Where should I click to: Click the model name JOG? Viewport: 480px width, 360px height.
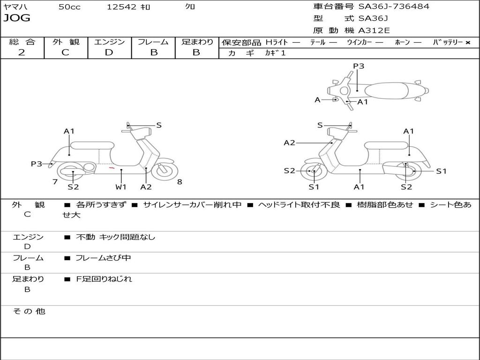[x=17, y=18]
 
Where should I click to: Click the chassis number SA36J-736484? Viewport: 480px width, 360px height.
[x=394, y=6]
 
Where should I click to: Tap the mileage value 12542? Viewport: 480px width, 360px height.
[x=121, y=7]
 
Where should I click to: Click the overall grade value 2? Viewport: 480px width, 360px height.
[x=22, y=52]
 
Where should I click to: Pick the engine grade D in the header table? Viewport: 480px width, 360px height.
[x=109, y=52]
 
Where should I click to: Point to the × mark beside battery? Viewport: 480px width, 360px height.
[x=468, y=43]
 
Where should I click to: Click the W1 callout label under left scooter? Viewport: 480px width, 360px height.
[x=121, y=187]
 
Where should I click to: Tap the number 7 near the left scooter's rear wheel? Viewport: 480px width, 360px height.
[x=55, y=182]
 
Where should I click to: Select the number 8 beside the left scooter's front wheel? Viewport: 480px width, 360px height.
[x=180, y=182]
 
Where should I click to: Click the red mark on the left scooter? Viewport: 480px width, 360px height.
[x=112, y=168]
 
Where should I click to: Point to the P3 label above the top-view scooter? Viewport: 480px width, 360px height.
[x=359, y=66]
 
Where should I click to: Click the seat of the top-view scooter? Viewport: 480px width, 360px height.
[x=386, y=91]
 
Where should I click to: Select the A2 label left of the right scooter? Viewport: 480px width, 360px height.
[x=289, y=142]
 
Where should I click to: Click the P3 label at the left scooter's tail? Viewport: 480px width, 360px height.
[x=37, y=164]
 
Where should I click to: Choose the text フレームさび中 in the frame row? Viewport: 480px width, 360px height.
[x=103, y=258]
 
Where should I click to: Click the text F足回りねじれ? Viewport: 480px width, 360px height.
[x=104, y=279]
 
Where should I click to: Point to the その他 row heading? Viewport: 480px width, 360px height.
[x=29, y=311]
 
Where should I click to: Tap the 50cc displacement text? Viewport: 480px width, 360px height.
[x=69, y=7]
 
